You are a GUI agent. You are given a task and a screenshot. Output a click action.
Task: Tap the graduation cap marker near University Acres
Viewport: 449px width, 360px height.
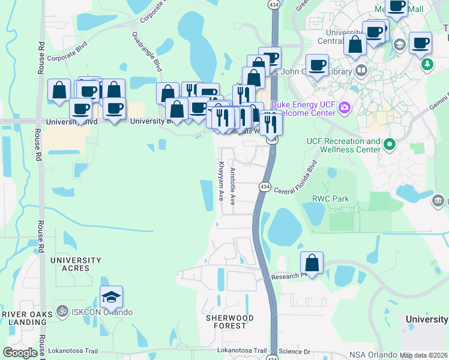click(x=111, y=297)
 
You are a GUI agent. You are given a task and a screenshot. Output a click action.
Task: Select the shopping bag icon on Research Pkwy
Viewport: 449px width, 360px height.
click(x=312, y=263)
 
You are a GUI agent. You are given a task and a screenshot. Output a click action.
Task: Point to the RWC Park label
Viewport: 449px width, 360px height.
click(x=329, y=199)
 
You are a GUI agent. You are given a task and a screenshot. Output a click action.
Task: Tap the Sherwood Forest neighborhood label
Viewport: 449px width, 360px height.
click(x=229, y=322)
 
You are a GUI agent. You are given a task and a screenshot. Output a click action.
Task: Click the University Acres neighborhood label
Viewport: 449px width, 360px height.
click(x=76, y=265)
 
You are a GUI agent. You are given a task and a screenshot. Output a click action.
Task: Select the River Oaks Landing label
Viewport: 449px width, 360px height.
click(x=24, y=319)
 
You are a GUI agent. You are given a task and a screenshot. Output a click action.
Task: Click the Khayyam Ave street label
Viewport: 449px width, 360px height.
click(x=221, y=181)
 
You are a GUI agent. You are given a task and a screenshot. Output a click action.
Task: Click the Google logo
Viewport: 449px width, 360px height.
click(x=20, y=353)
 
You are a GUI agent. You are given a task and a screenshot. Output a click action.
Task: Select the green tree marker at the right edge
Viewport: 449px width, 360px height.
click(x=427, y=64)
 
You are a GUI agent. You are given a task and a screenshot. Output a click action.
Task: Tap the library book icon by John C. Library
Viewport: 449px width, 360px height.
click(x=361, y=71)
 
